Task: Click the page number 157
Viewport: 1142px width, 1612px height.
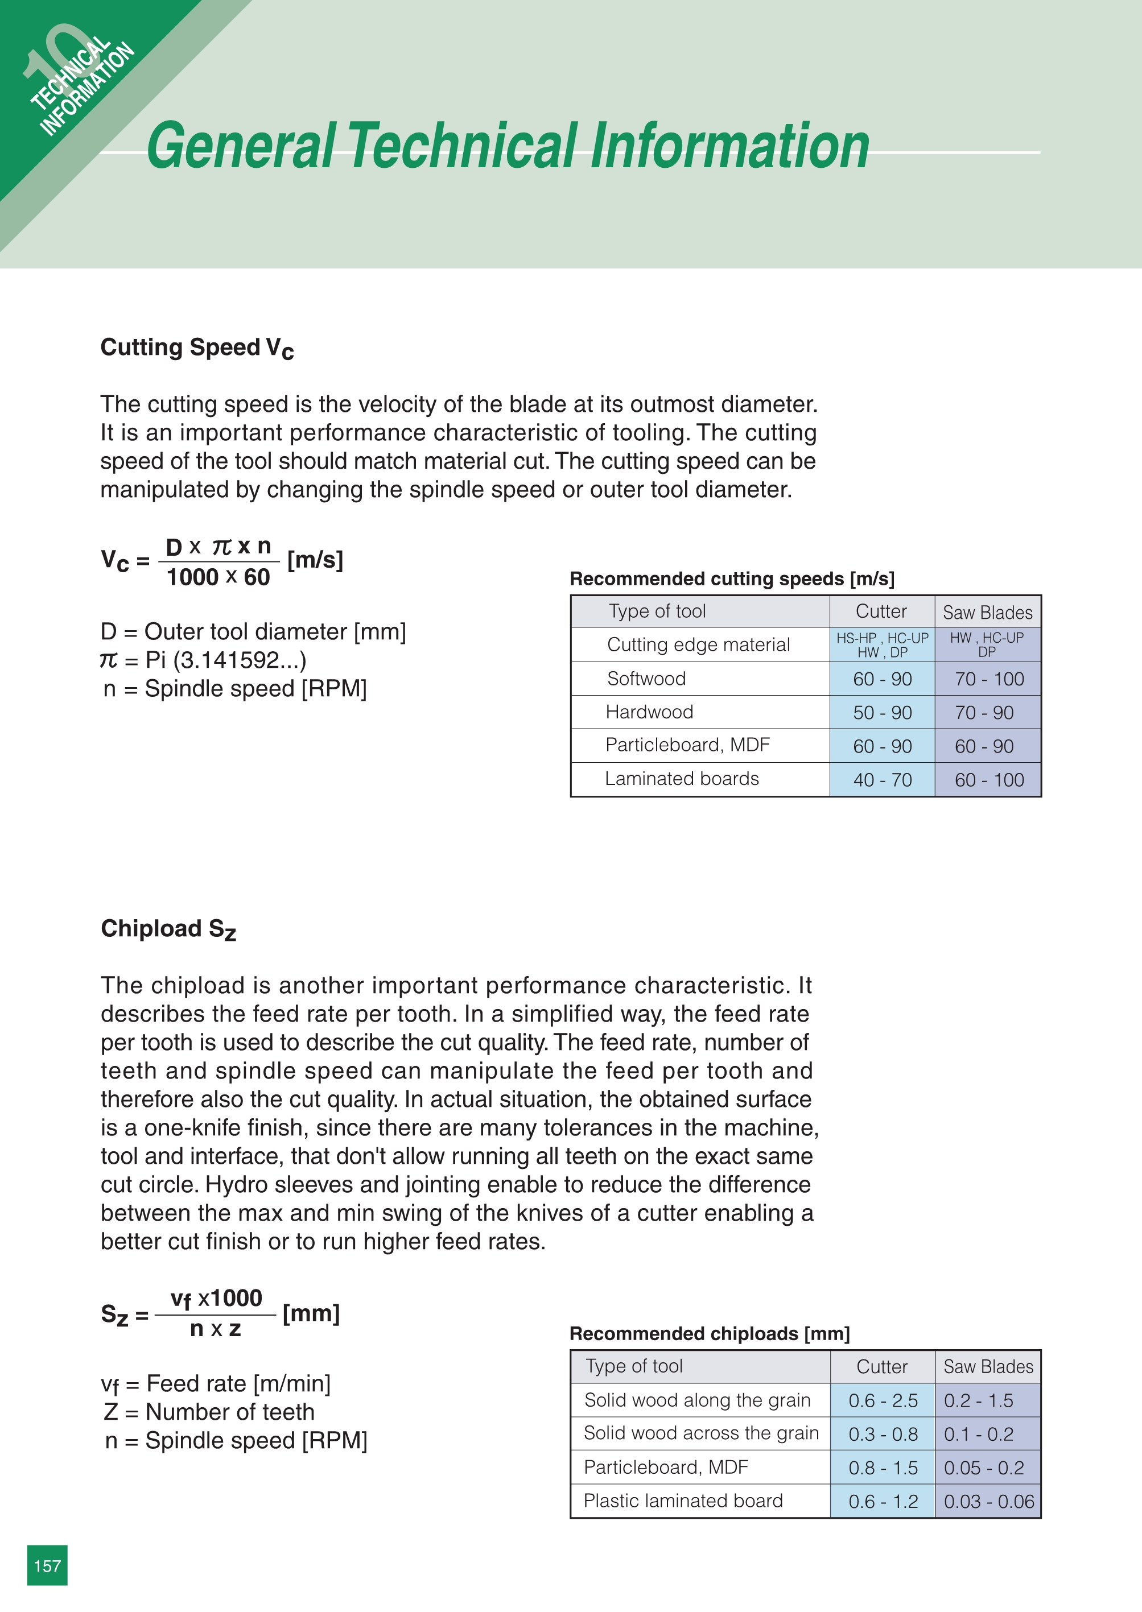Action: [47, 1565]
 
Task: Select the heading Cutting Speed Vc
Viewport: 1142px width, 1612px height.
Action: [197, 348]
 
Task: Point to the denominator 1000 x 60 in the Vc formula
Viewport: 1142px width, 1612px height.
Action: [218, 577]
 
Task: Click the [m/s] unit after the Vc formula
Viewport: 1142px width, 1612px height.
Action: [315, 560]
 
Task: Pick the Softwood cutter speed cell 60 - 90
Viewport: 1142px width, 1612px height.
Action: [882, 679]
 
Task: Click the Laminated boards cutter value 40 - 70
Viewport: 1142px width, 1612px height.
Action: [882, 780]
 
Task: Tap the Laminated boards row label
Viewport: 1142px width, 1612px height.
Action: [682, 779]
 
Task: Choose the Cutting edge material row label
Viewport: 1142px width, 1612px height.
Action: [698, 644]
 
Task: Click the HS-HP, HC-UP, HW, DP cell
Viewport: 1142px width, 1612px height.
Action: [882, 644]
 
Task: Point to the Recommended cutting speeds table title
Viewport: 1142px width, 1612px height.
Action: [731, 578]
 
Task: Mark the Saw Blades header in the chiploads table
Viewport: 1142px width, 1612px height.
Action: [988, 1367]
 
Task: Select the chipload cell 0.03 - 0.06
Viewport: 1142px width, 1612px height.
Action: [988, 1502]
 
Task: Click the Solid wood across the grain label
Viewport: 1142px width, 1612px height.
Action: [701, 1433]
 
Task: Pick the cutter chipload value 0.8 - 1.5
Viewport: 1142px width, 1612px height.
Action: [883, 1468]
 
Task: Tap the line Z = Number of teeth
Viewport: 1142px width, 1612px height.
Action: [209, 1412]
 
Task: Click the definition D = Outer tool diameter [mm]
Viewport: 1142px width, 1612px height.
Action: [253, 631]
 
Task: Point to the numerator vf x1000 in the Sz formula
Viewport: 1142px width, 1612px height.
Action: [216, 1299]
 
